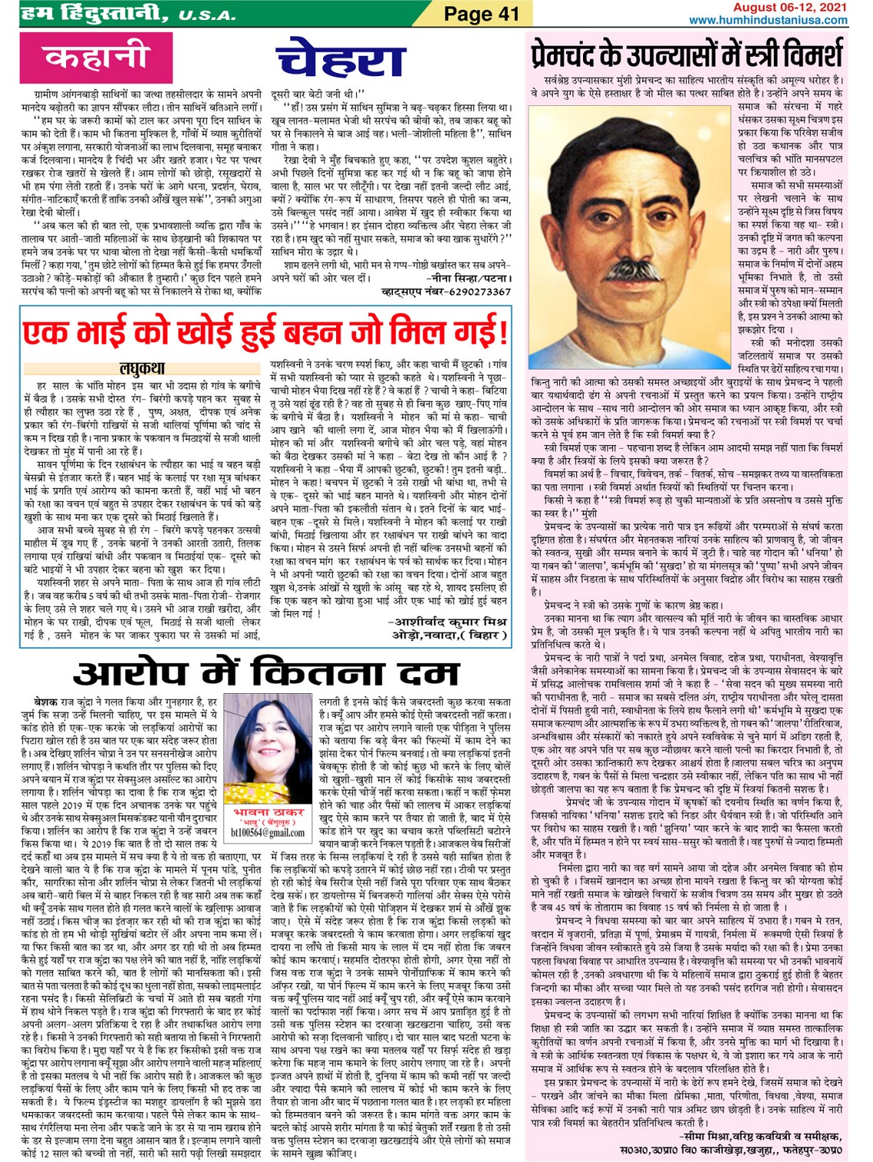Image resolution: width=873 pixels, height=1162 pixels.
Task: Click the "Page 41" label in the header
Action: pyautogui.click(x=481, y=13)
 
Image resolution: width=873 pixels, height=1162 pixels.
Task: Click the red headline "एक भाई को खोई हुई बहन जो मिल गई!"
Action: pyautogui.click(x=265, y=333)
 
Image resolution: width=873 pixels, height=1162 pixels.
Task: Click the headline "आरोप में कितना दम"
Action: pyautogui.click(x=267, y=673)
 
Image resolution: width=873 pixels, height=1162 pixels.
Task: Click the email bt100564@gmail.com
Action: pyautogui.click(x=267, y=832)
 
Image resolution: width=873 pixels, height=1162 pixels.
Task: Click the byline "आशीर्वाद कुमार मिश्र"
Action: pyautogui.click(x=450, y=622)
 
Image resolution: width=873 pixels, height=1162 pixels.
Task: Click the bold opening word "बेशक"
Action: pyautogui.click(x=47, y=702)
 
